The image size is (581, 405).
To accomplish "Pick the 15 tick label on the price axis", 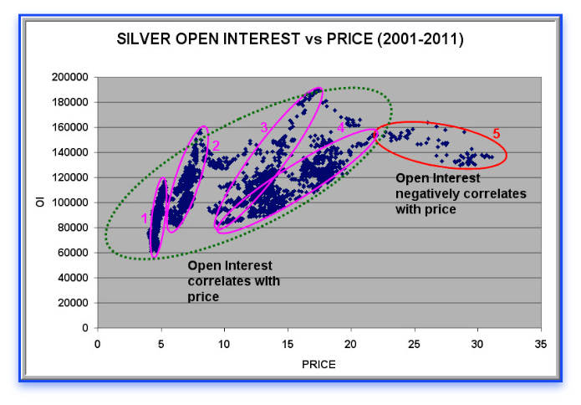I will click(288, 343).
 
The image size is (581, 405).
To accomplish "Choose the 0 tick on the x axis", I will click(99, 343).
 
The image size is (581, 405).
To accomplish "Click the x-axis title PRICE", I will click(319, 363).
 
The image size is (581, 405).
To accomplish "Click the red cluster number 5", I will click(496, 134).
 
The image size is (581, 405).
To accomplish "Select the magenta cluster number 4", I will click(341, 127).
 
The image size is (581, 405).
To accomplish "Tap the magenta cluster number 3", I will click(263, 127).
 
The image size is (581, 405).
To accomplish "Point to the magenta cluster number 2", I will click(216, 146).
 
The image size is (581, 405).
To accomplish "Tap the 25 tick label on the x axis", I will click(414, 343).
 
